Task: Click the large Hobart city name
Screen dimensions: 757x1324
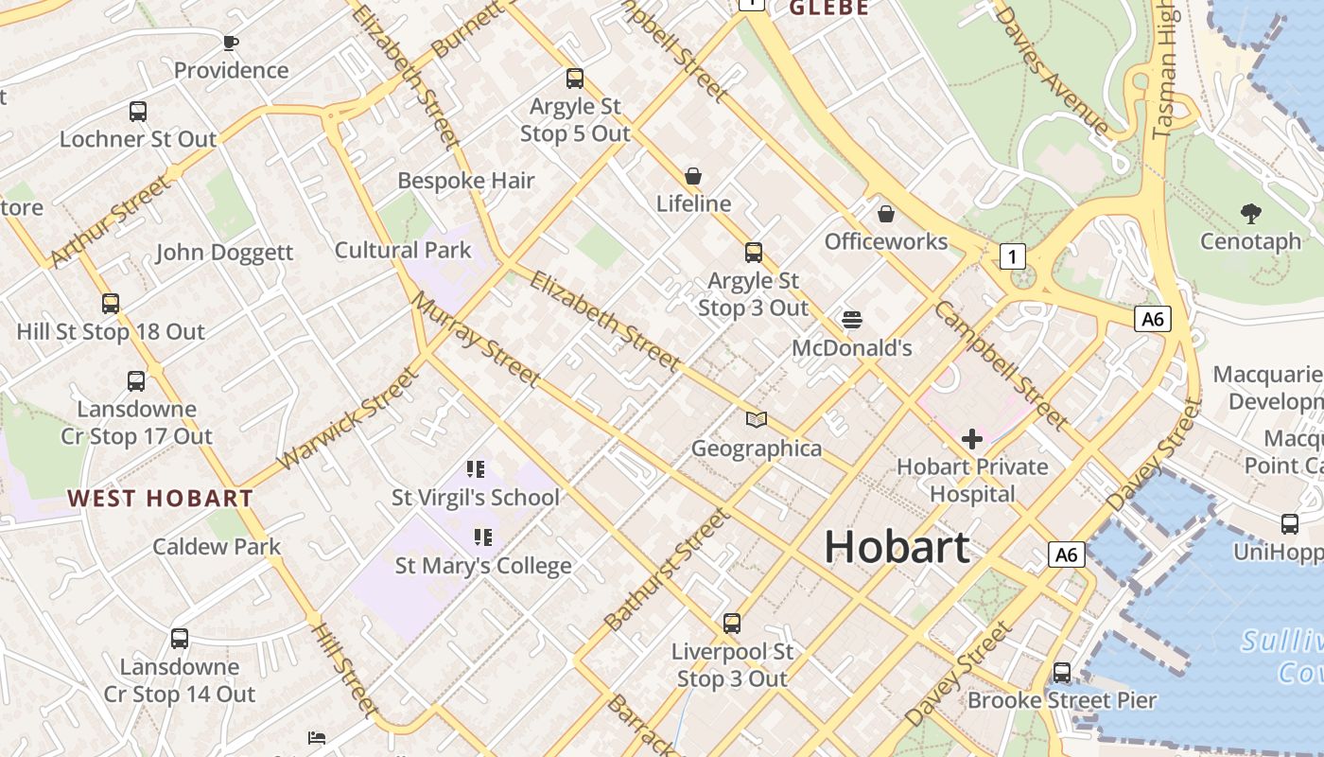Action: [x=897, y=547]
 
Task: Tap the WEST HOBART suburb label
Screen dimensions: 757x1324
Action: [x=160, y=498]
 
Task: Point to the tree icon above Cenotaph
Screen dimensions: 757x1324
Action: [x=1251, y=214]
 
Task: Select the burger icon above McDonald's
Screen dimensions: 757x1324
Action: [x=851, y=320]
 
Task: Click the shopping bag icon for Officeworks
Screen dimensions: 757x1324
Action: [x=886, y=214]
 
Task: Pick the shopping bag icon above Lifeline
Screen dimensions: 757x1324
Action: [x=693, y=176]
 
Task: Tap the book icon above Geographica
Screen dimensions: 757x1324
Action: [x=756, y=419]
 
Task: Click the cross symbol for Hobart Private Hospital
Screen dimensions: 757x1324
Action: [x=971, y=438]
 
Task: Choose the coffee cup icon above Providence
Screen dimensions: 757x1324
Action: [x=230, y=43]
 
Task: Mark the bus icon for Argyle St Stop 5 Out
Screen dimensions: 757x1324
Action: [x=574, y=79]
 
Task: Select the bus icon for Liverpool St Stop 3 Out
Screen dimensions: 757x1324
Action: [x=731, y=624]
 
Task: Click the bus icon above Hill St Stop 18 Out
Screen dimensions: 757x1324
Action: [x=111, y=304]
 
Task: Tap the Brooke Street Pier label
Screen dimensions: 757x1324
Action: [x=1061, y=700]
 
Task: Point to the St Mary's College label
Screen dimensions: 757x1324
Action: [x=482, y=566]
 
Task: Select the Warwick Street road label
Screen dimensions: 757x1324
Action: [x=347, y=419]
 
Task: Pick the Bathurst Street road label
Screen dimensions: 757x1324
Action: [x=667, y=570]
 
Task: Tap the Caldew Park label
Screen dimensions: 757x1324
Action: [x=217, y=546]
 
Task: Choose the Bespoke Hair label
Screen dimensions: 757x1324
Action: [x=465, y=180]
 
